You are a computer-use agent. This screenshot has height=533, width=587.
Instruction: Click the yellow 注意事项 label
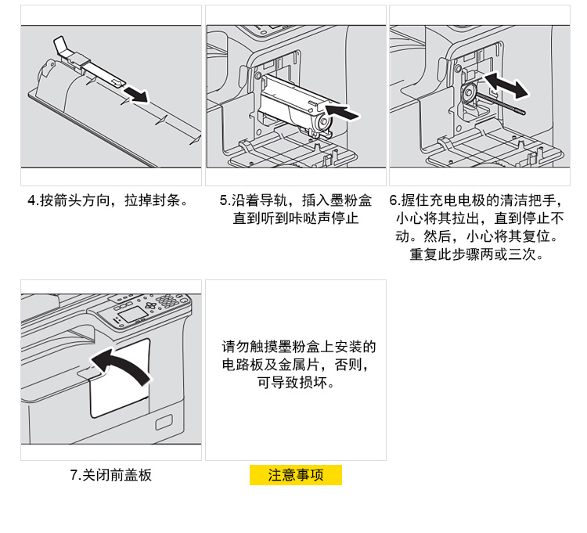[295, 475]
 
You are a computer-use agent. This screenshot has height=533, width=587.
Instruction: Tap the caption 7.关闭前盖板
[110, 475]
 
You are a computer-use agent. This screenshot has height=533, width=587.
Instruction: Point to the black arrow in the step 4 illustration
[136, 95]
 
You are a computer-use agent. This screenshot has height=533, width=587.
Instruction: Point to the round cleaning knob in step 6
[468, 94]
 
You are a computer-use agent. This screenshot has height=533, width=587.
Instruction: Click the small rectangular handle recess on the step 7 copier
[164, 423]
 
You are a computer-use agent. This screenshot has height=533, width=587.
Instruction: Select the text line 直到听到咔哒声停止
[295, 218]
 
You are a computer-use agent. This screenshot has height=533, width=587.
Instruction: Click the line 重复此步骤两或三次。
[477, 254]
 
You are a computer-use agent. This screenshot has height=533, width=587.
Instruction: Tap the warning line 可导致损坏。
[295, 384]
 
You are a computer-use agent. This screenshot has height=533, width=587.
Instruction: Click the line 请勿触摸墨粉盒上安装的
[299, 346]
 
